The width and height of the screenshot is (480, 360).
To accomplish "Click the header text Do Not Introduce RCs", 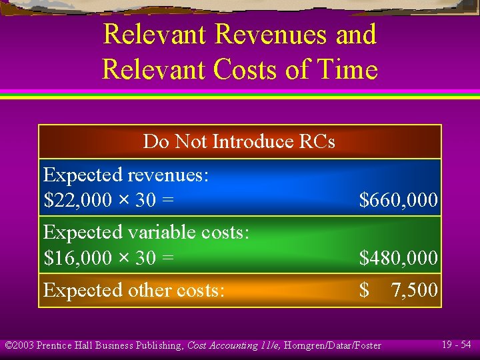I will click(239, 141).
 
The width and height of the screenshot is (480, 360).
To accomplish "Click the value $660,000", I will click(398, 199).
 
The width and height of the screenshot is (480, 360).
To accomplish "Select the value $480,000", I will click(398, 257).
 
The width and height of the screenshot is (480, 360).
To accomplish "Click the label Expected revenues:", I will click(126, 175).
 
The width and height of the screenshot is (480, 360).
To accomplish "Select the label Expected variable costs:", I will click(146, 233).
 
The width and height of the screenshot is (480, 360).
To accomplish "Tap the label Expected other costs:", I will click(133, 290).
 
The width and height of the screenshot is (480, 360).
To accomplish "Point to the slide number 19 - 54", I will click(456, 345).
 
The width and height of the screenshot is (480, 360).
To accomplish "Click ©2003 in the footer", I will click(19, 345).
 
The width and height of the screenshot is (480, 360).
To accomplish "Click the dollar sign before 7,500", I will click(364, 290).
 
